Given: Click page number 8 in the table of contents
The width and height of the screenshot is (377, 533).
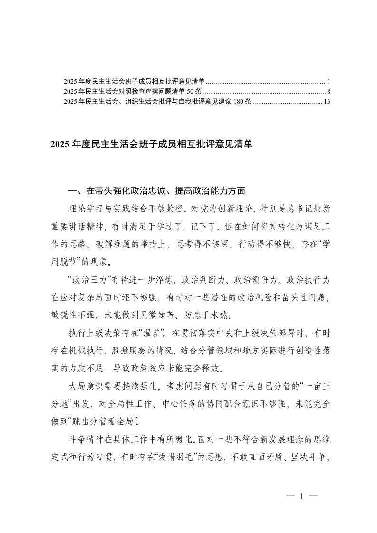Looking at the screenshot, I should point(322,91).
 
